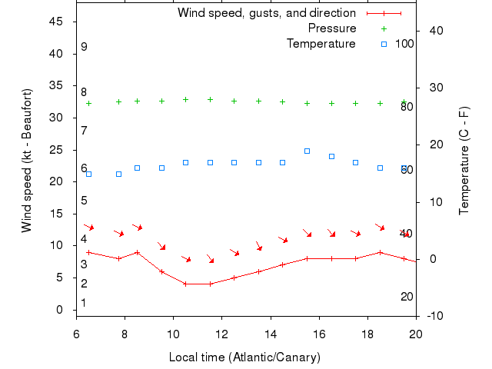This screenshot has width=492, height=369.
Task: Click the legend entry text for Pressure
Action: pyautogui.click(x=332, y=28)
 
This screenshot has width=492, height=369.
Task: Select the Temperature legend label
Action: pyautogui.click(x=321, y=44)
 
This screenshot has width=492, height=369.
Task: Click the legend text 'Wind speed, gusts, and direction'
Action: pyautogui.click(x=267, y=13)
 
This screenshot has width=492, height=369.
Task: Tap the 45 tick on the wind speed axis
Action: pyautogui.click(x=55, y=22)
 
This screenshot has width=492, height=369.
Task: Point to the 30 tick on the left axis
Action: pyautogui.click(x=55, y=118)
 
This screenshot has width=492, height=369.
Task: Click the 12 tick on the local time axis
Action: pyautogui.click(x=221, y=334)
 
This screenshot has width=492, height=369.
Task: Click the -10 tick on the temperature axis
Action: pyautogui.click(x=434, y=316)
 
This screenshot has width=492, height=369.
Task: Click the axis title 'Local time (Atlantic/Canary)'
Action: pyautogui.click(x=244, y=357)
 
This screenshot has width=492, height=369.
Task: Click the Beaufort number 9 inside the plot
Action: pyautogui.click(x=84, y=47)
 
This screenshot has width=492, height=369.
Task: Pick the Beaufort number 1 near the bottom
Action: pyautogui.click(x=84, y=303)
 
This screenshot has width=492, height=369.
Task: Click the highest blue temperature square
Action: pyautogui.click(x=307, y=151)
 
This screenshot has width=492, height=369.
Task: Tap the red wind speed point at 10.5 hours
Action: pyautogui.click(x=185, y=284)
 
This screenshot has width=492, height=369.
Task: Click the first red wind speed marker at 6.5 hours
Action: pyautogui.click(x=88, y=252)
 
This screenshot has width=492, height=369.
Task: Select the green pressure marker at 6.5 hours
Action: pyautogui.click(x=88, y=103)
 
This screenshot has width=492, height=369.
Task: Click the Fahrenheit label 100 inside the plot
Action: pyautogui.click(x=404, y=44)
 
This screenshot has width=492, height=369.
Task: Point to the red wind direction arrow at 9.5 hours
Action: pyautogui.click(x=162, y=247)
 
